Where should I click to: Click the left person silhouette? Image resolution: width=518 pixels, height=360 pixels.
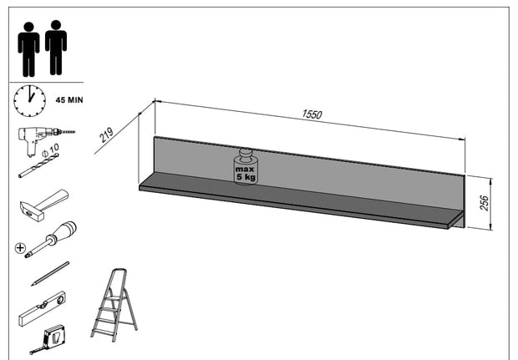pos(28,48)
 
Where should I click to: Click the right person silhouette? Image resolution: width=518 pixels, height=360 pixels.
pos(56,48)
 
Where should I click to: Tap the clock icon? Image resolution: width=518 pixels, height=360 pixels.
pos(29,99)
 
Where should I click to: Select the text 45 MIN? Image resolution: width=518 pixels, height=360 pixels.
pos(69,99)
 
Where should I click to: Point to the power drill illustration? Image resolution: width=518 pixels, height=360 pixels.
pos(42,139)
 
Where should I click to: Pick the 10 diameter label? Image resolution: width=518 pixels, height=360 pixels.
pos(55,152)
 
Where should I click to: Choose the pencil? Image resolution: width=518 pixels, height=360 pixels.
pos(49,274)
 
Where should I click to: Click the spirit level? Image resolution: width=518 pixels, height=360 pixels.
pos(41,308)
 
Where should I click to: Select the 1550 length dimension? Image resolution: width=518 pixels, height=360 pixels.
pos(311,114)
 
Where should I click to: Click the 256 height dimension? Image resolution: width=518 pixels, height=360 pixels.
pos(485,202)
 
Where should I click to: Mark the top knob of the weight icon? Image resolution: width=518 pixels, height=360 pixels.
pos(246,153)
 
